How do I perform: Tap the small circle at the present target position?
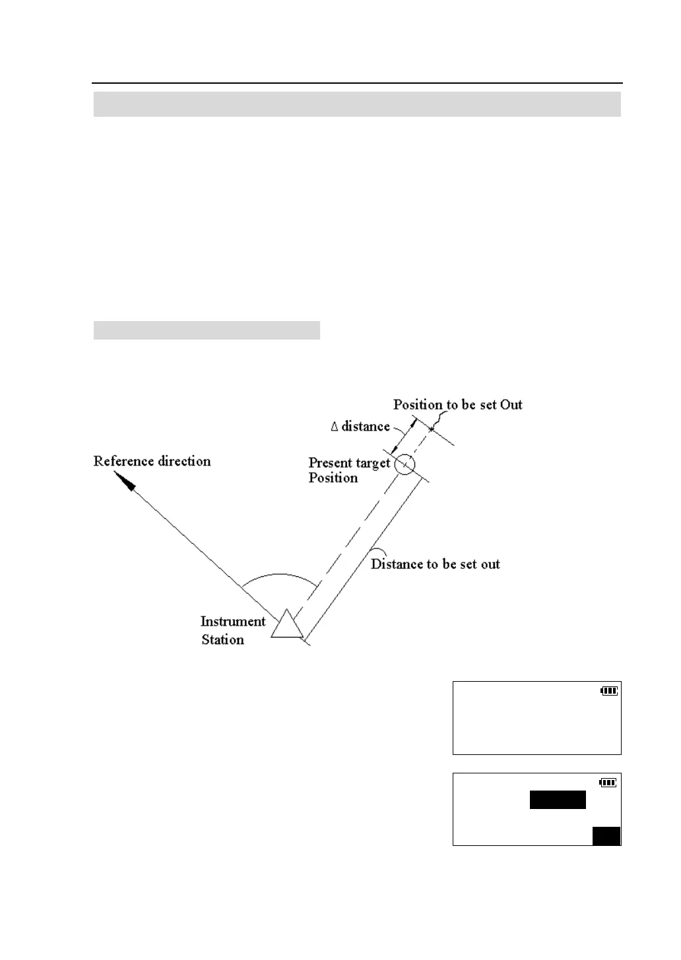pyautogui.click(x=405, y=464)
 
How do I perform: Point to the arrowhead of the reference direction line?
pyautogui.click(x=125, y=481)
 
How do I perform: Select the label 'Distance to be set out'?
pyautogui.click(x=435, y=564)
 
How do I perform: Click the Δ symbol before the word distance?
pyautogui.click(x=335, y=427)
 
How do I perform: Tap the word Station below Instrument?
pyautogui.click(x=223, y=640)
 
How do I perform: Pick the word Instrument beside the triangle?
pyautogui.click(x=232, y=621)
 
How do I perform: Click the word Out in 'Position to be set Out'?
pyautogui.click(x=511, y=404)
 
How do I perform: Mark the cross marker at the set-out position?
pyautogui.click(x=432, y=430)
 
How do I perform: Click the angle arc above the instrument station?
pyautogui.click(x=280, y=576)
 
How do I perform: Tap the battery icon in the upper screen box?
pyautogui.click(x=609, y=690)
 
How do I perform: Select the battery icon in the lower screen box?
pyautogui.click(x=608, y=783)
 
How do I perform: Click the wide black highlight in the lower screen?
pyautogui.click(x=558, y=800)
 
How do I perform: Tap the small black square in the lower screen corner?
pyautogui.click(x=606, y=835)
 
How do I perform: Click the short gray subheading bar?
pyautogui.click(x=207, y=330)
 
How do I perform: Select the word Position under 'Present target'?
pyautogui.click(x=333, y=478)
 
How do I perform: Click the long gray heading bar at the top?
pyautogui.click(x=357, y=104)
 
